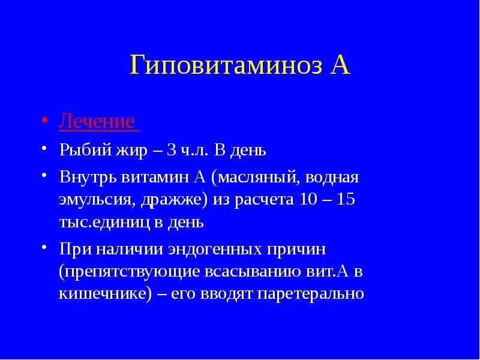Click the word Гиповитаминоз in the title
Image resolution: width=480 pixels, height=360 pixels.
[226, 65]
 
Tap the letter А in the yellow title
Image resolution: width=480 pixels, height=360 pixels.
[340, 65]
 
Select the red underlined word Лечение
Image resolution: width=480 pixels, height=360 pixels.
[97, 121]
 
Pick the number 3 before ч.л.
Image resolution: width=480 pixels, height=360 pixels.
[170, 150]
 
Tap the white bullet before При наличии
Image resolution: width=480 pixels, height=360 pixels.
[44, 247]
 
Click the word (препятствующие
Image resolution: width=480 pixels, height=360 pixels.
[129, 272]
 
